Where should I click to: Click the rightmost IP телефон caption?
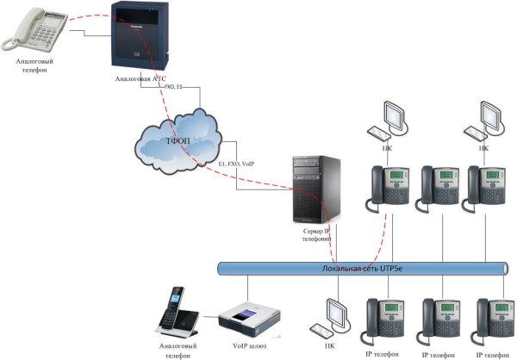pos(490,353)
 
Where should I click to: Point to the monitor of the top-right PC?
pos(489,114)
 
